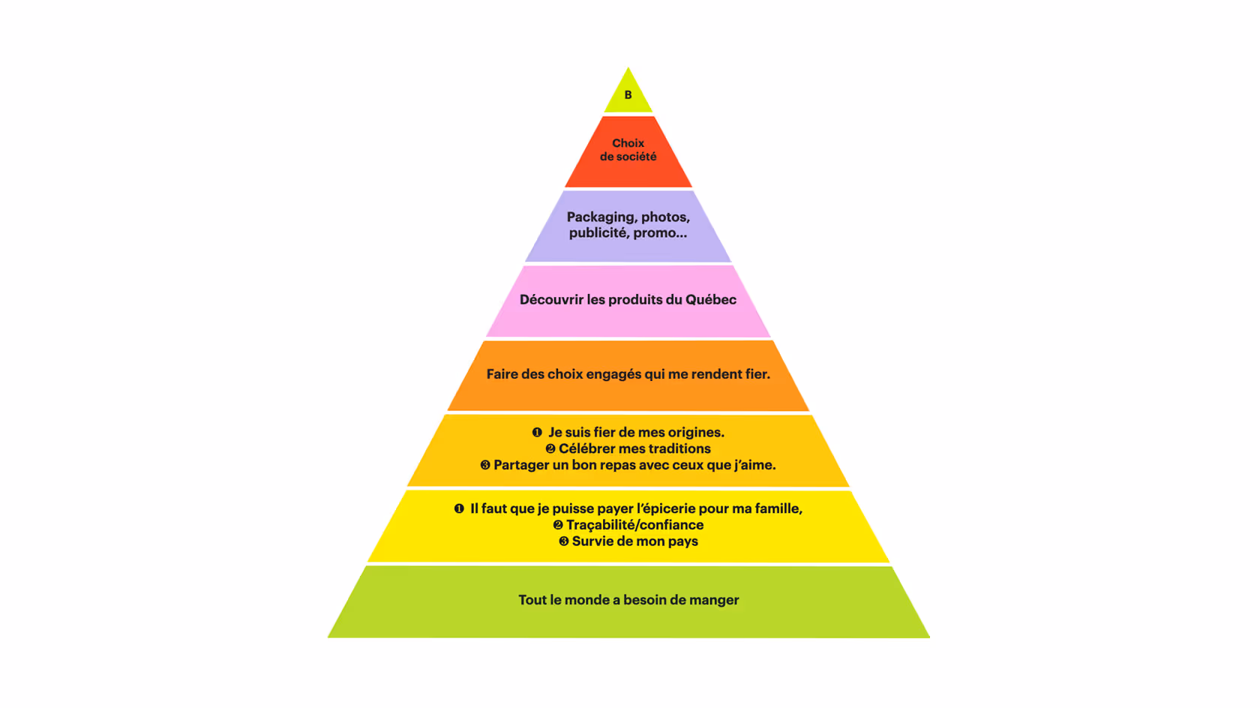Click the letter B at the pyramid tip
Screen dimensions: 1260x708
point(628,95)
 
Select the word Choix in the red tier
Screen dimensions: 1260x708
point(628,143)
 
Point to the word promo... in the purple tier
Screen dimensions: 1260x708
point(659,233)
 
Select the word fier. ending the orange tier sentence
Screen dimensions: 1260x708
point(757,374)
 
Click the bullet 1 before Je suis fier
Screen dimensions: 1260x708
point(537,433)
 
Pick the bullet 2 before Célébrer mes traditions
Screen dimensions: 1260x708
point(550,449)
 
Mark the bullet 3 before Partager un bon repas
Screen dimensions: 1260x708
point(485,466)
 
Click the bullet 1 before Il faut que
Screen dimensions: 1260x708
point(459,509)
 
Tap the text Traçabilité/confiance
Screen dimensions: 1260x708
point(634,525)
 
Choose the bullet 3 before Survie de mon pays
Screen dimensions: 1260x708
point(563,541)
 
